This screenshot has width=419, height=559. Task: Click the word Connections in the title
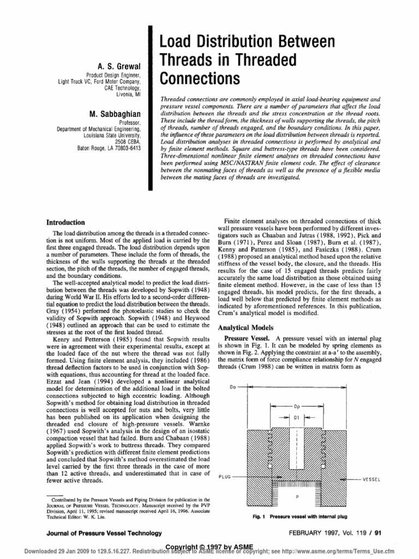(199, 78)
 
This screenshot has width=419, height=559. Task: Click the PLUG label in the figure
(225, 476)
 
